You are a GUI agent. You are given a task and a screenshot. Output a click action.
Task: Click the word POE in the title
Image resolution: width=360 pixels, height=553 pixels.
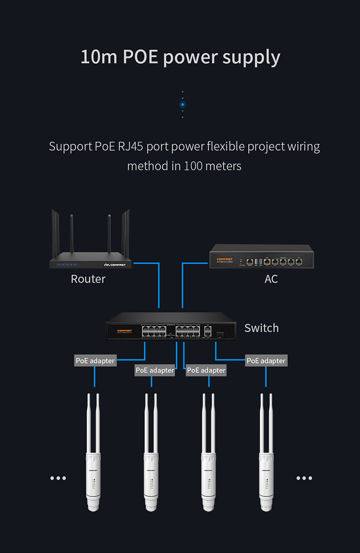click(140, 57)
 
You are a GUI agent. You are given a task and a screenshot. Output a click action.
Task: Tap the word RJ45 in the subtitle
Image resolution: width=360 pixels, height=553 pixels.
click(131, 146)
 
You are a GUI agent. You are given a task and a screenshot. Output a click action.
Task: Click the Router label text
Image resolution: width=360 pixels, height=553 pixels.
click(88, 279)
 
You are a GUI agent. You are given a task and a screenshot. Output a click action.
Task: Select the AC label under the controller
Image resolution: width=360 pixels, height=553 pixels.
click(271, 279)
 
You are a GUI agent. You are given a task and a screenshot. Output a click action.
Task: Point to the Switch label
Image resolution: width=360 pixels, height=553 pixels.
click(261, 328)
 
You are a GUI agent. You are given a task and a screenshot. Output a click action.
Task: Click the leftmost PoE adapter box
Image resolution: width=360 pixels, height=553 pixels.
click(96, 361)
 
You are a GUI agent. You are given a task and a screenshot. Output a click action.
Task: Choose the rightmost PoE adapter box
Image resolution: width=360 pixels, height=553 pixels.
click(266, 361)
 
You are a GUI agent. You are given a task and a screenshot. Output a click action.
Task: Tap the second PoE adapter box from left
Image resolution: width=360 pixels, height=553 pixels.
click(155, 370)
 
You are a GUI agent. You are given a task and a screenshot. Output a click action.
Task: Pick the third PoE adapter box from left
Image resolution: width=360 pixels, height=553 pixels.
click(206, 370)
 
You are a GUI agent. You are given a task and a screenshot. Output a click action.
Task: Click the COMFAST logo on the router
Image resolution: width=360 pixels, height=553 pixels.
click(115, 264)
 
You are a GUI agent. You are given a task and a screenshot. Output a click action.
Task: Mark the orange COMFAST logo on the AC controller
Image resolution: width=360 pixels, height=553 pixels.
click(225, 259)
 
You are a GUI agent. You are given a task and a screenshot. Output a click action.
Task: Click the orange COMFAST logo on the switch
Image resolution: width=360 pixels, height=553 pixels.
click(124, 331)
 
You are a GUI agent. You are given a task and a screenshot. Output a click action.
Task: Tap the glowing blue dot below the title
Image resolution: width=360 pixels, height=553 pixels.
click(182, 104)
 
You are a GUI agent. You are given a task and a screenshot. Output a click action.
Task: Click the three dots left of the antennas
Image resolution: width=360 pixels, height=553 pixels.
click(58, 478)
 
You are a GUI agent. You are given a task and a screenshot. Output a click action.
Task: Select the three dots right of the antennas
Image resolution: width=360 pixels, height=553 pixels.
click(304, 478)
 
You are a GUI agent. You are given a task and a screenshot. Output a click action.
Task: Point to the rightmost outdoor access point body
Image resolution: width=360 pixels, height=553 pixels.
click(266, 480)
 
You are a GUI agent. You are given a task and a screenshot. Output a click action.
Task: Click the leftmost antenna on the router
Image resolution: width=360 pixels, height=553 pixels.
click(54, 235)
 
